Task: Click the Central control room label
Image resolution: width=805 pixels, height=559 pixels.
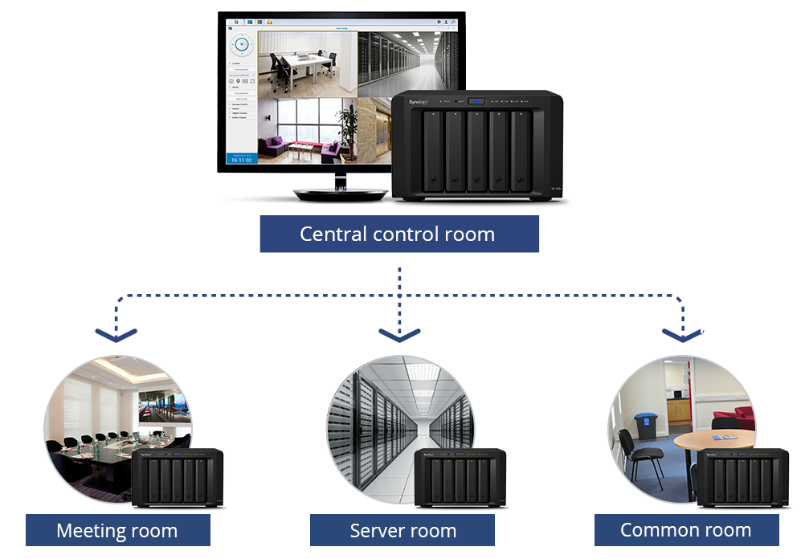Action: click(x=398, y=235)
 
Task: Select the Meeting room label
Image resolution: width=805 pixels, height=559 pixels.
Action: click(x=117, y=531)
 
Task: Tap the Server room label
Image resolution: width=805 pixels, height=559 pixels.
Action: click(x=402, y=531)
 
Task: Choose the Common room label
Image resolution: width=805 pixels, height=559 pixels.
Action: click(x=686, y=530)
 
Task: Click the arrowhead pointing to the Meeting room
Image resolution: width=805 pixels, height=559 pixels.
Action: click(x=117, y=334)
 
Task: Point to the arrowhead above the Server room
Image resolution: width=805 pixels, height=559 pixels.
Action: click(x=399, y=334)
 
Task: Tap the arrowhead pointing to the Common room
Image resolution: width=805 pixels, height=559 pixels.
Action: click(x=682, y=334)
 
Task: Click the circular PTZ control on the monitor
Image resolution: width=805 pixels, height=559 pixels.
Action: click(x=241, y=43)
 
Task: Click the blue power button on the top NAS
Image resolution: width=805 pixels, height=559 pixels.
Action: click(x=478, y=101)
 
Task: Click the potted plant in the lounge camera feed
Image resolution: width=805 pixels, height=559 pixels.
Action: click(x=347, y=127)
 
